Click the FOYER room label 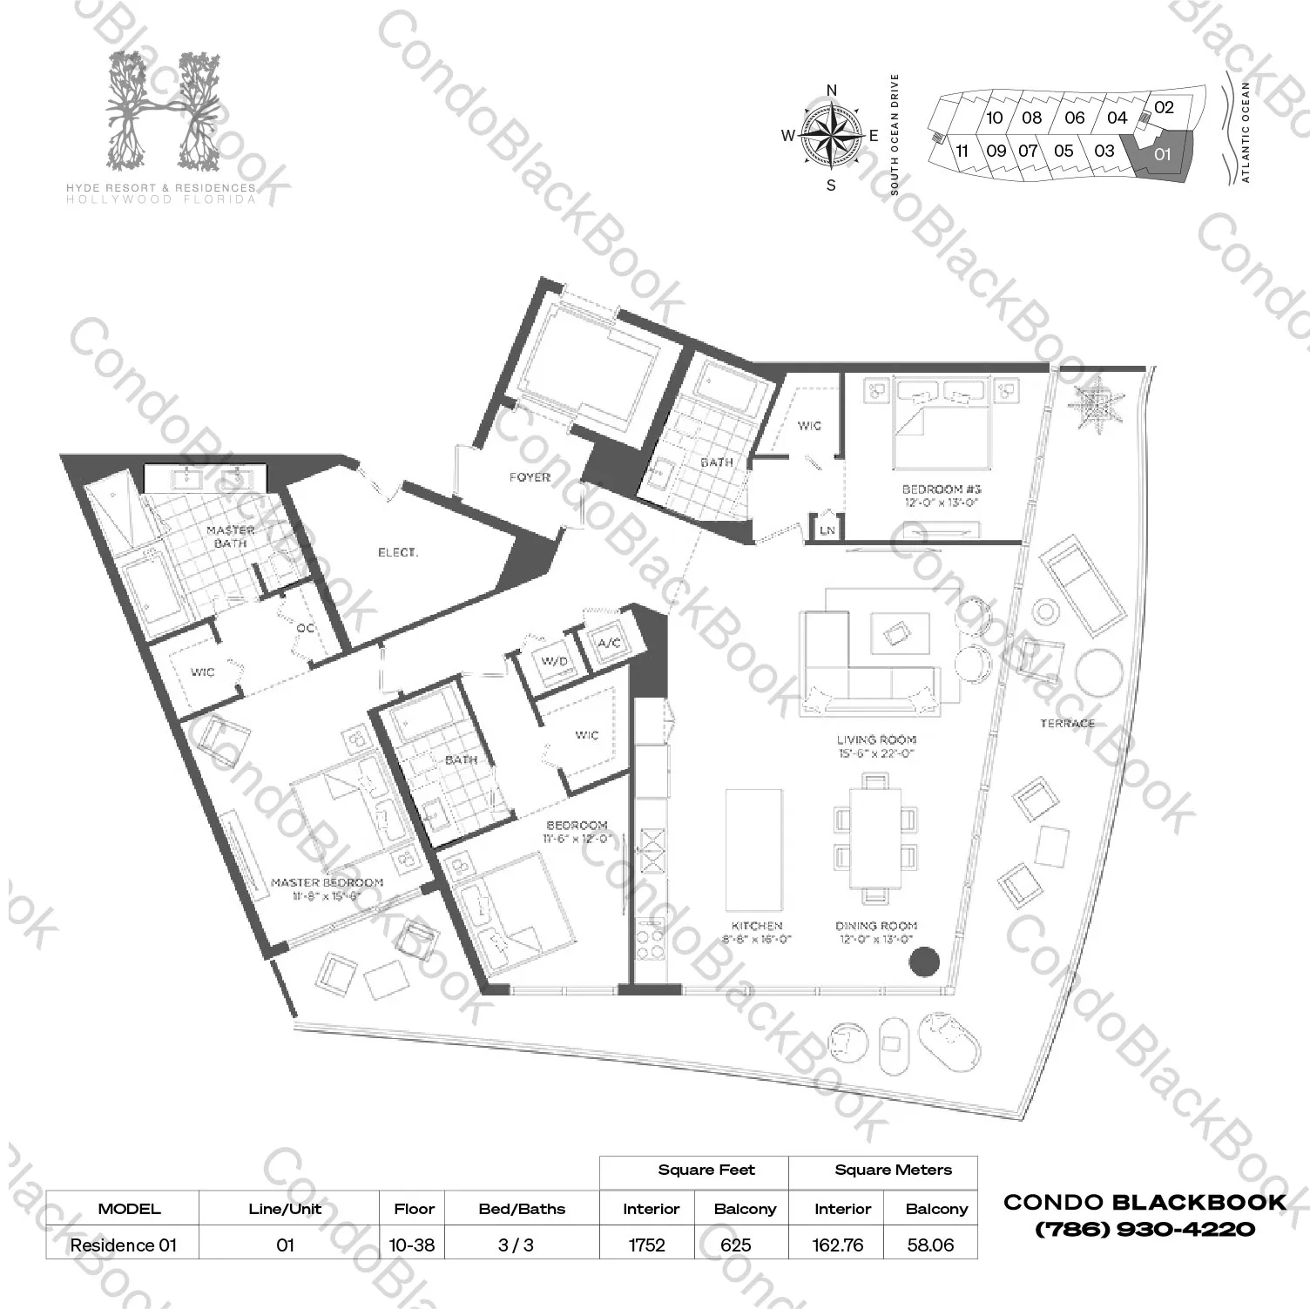coord(530,477)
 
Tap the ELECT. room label coord(397,552)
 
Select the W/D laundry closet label coord(554,661)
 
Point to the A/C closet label coord(609,644)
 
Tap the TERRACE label coord(1067,723)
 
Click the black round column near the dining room coord(924,962)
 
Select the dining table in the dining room coord(876,837)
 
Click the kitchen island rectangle coord(753,850)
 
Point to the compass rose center coord(831,136)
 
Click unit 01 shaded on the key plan coord(1162,155)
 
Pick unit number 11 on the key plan coord(962,151)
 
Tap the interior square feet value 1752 coord(646,1245)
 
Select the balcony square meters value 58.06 coord(930,1245)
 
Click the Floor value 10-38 coord(412,1245)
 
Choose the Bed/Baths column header coord(522,1209)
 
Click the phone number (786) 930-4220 coord(1145,1230)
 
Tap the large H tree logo coord(180,111)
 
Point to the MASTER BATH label coord(231,536)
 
